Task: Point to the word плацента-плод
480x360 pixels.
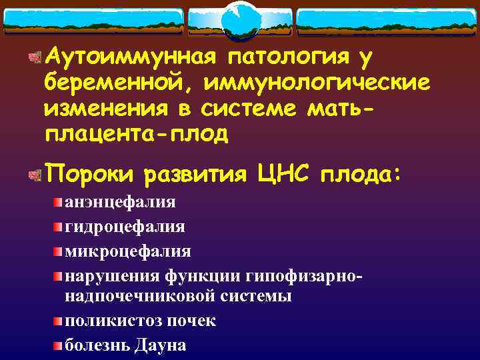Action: click(x=136, y=133)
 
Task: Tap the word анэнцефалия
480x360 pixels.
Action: click(x=120, y=202)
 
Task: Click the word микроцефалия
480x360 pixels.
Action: click(x=127, y=251)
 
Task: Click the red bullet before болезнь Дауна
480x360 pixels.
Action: click(x=59, y=345)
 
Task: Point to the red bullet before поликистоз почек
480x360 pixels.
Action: click(x=59, y=320)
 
